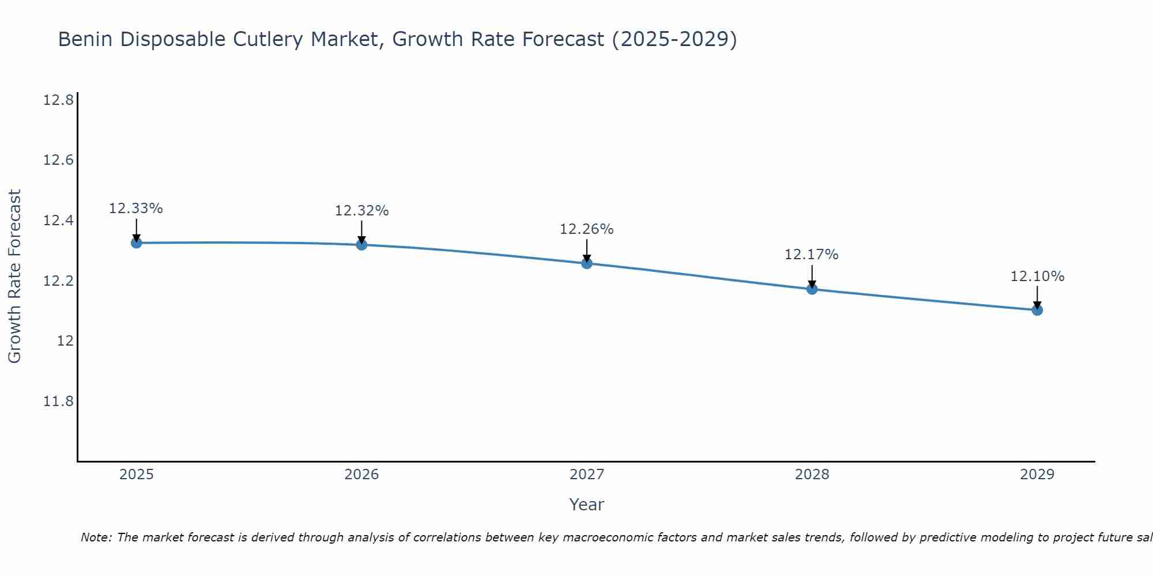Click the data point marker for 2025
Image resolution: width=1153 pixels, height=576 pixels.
tap(137, 243)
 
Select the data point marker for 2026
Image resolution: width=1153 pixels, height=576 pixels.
tap(361, 245)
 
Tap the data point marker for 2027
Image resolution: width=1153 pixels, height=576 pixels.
tap(587, 263)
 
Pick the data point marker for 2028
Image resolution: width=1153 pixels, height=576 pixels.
tap(812, 289)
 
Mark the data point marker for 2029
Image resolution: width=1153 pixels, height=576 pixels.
tap(1037, 310)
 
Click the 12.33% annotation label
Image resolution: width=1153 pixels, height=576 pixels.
tap(136, 209)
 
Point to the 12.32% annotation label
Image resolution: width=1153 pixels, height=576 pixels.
tap(361, 211)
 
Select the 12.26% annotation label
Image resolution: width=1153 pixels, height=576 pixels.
tap(587, 229)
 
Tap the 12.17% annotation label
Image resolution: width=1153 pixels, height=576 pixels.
tap(812, 255)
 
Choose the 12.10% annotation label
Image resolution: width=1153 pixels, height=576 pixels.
tap(1037, 276)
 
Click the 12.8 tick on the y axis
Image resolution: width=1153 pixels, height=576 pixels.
tap(58, 100)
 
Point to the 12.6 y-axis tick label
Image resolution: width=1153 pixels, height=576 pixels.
tap(58, 160)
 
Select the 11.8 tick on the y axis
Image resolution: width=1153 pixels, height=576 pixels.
tap(58, 401)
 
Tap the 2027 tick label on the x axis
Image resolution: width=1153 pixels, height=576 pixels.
tap(587, 475)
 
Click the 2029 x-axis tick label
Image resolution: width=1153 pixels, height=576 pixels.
tap(1037, 475)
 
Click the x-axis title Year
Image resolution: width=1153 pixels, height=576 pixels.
tap(586, 505)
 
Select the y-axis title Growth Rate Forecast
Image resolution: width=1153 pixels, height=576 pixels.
tap(14, 276)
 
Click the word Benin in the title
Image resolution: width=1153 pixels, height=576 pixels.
tap(86, 39)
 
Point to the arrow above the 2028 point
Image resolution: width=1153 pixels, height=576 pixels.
tap(812, 276)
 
